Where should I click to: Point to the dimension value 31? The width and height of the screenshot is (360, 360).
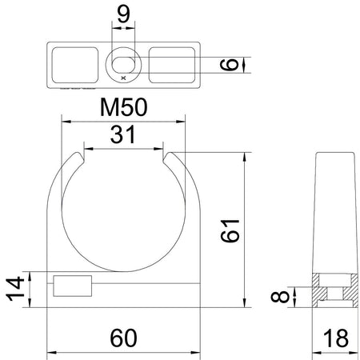124,136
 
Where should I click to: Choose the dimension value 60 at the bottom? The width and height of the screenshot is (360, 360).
124,339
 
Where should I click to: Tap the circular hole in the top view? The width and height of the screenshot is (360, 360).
124,62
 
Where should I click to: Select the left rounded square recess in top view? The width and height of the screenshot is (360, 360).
74,62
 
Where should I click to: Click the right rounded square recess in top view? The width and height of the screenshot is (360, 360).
173,62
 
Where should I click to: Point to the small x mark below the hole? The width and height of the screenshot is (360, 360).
122,78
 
